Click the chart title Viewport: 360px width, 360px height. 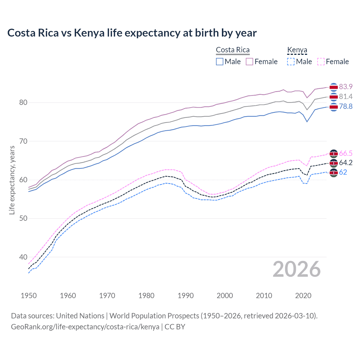click(132, 33)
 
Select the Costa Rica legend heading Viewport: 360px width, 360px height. click(233, 50)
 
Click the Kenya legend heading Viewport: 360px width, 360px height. click(297, 50)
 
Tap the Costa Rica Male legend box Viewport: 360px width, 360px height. click(220, 62)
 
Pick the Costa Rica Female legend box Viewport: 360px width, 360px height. click(249, 62)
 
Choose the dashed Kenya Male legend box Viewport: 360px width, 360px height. click(291, 62)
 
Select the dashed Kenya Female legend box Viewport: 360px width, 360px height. click(321, 62)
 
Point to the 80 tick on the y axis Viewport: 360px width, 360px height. click(23, 102)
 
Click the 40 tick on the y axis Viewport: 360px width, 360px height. click(23, 257)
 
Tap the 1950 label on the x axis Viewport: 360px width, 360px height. click(29, 296)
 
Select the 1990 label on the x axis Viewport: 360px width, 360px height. click(186, 296)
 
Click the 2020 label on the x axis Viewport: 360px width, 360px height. click(303, 296)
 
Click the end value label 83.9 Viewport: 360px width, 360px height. click(346, 87)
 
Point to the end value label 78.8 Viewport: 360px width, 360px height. click(346, 107)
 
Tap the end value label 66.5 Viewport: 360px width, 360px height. click(346, 153)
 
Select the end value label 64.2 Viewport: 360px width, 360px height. click(346, 163)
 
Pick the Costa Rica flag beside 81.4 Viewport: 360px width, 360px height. click(334, 97)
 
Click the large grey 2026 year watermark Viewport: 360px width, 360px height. click(297, 269)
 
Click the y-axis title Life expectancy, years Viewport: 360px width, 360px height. click(12, 180)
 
